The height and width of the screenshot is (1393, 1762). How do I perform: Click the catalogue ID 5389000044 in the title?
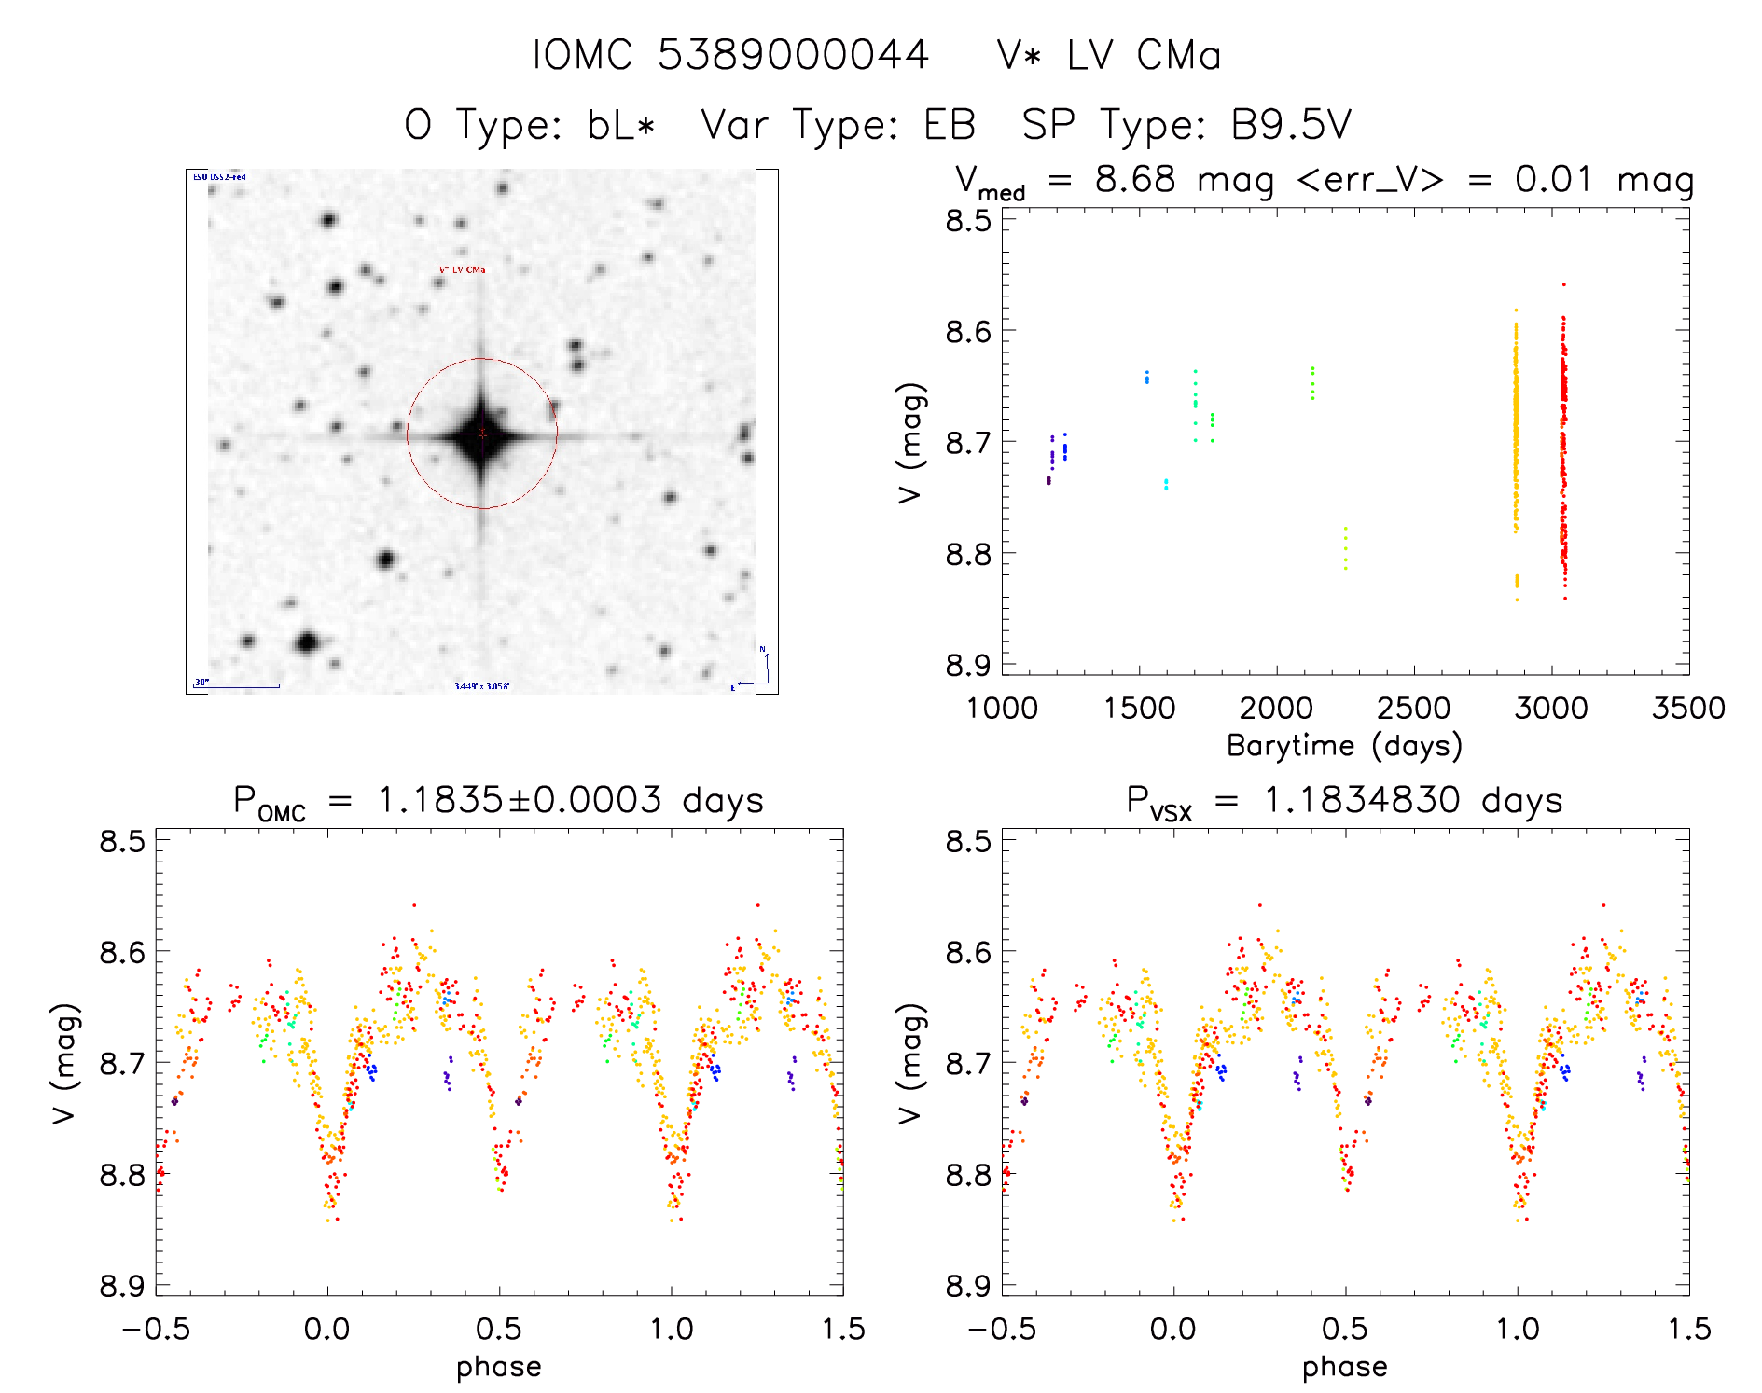point(793,55)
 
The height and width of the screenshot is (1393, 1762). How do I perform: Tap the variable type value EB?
point(949,125)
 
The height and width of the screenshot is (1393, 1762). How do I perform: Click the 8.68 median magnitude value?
point(1135,179)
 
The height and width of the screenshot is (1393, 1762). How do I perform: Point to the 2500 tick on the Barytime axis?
point(1413,708)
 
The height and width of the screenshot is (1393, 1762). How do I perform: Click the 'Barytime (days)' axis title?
point(1344,746)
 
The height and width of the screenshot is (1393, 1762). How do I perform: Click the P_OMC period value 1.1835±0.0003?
point(520,800)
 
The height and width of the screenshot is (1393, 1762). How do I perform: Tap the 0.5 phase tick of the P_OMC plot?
point(499,1329)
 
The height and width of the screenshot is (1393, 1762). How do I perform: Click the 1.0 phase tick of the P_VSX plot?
point(1518,1329)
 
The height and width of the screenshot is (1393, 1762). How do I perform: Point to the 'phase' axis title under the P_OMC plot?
point(499,1367)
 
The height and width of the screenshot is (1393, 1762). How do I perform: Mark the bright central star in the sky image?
point(481,434)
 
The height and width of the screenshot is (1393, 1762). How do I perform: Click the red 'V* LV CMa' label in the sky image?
point(462,270)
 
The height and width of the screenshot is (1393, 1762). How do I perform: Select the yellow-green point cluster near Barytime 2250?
point(1345,550)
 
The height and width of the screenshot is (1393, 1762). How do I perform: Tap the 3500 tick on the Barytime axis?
point(1688,708)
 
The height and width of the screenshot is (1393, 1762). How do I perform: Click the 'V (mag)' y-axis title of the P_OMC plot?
point(63,1063)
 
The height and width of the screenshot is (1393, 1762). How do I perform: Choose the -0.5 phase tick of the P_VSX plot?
point(1002,1329)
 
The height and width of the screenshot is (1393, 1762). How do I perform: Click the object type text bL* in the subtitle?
point(621,125)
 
